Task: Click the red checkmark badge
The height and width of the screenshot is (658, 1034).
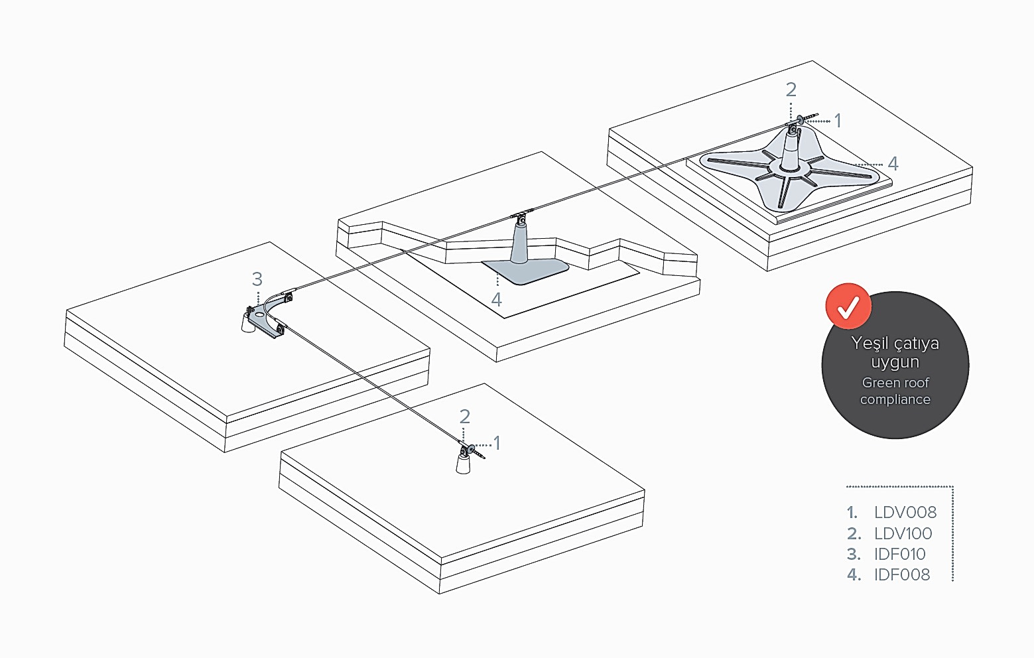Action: (848, 306)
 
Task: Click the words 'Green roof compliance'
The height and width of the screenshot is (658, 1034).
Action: (895, 391)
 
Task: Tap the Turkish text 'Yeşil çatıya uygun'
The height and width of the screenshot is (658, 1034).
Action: (895, 352)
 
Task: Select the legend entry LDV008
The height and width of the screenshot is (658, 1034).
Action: (905, 512)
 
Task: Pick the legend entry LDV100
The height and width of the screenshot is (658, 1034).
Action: (903, 533)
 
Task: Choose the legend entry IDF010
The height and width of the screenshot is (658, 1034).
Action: (899, 554)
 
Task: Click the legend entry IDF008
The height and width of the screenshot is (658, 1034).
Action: (901, 574)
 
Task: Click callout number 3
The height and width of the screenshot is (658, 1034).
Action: (257, 279)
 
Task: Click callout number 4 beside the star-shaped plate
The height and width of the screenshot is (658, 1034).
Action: (893, 163)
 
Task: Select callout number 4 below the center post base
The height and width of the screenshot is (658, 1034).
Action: (496, 299)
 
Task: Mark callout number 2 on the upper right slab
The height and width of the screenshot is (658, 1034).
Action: (791, 90)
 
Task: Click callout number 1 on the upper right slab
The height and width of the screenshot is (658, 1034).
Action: (837, 121)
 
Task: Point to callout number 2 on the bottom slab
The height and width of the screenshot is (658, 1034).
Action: (464, 417)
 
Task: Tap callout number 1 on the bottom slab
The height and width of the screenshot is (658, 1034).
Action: (497, 442)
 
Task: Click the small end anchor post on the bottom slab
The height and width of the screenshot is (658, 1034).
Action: (464, 462)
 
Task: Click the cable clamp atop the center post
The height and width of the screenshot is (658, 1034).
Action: (522, 216)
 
